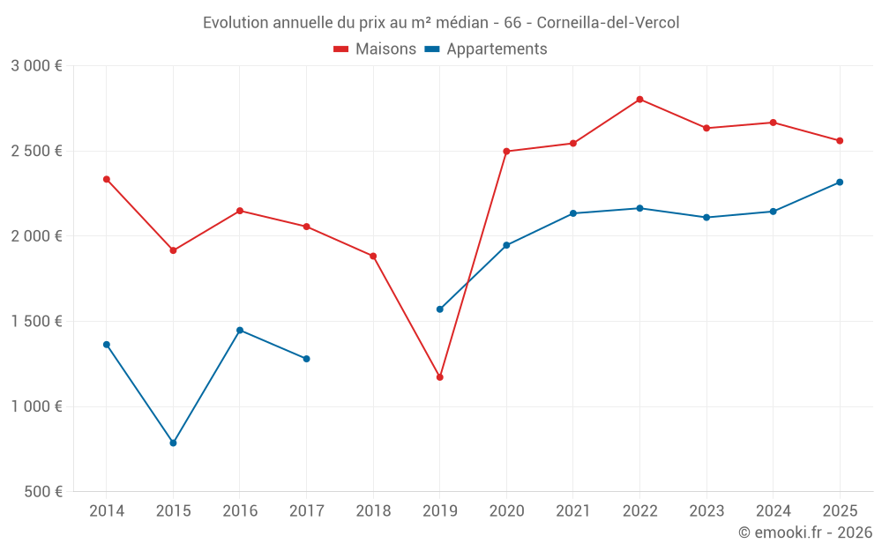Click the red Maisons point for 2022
639,100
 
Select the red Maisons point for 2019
439,377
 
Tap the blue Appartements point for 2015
173,443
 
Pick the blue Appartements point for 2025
840,182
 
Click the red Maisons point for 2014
107,179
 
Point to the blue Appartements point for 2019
439,309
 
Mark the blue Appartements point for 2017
306,359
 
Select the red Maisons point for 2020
506,152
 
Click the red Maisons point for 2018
373,257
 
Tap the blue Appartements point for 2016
240,331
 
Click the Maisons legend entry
375,49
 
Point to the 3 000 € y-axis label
36,66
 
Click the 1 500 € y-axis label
36,322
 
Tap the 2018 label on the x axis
373,511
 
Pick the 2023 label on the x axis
706,511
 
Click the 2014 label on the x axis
107,511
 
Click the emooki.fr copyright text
804,532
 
